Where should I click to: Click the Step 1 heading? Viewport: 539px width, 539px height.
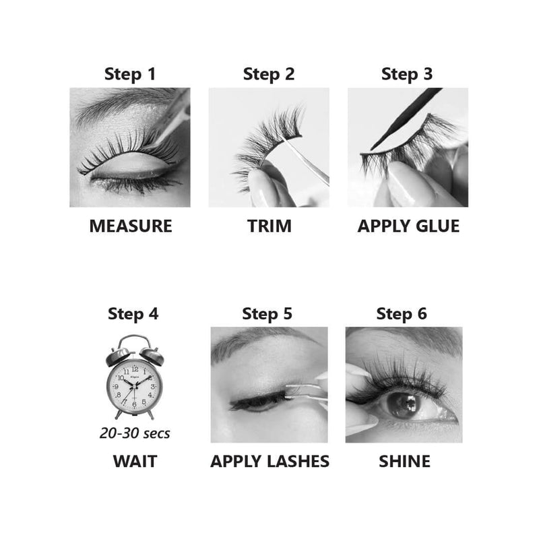130,74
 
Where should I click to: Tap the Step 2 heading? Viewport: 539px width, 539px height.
269,74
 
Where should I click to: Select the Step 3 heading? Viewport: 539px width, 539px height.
407,74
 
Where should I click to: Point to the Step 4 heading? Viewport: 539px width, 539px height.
133,314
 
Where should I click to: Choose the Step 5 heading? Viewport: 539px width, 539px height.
267,314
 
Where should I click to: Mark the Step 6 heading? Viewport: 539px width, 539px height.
402,314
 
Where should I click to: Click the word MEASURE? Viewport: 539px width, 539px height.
131,226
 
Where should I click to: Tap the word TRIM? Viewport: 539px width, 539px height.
269,226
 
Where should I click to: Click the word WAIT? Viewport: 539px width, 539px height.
135,462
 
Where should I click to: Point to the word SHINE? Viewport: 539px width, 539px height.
405,462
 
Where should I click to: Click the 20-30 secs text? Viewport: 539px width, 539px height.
135,433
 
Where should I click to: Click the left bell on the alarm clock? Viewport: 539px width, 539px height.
118,356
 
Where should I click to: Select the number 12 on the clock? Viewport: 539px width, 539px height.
135,369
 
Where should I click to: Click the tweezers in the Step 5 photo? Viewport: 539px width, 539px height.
305,391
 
